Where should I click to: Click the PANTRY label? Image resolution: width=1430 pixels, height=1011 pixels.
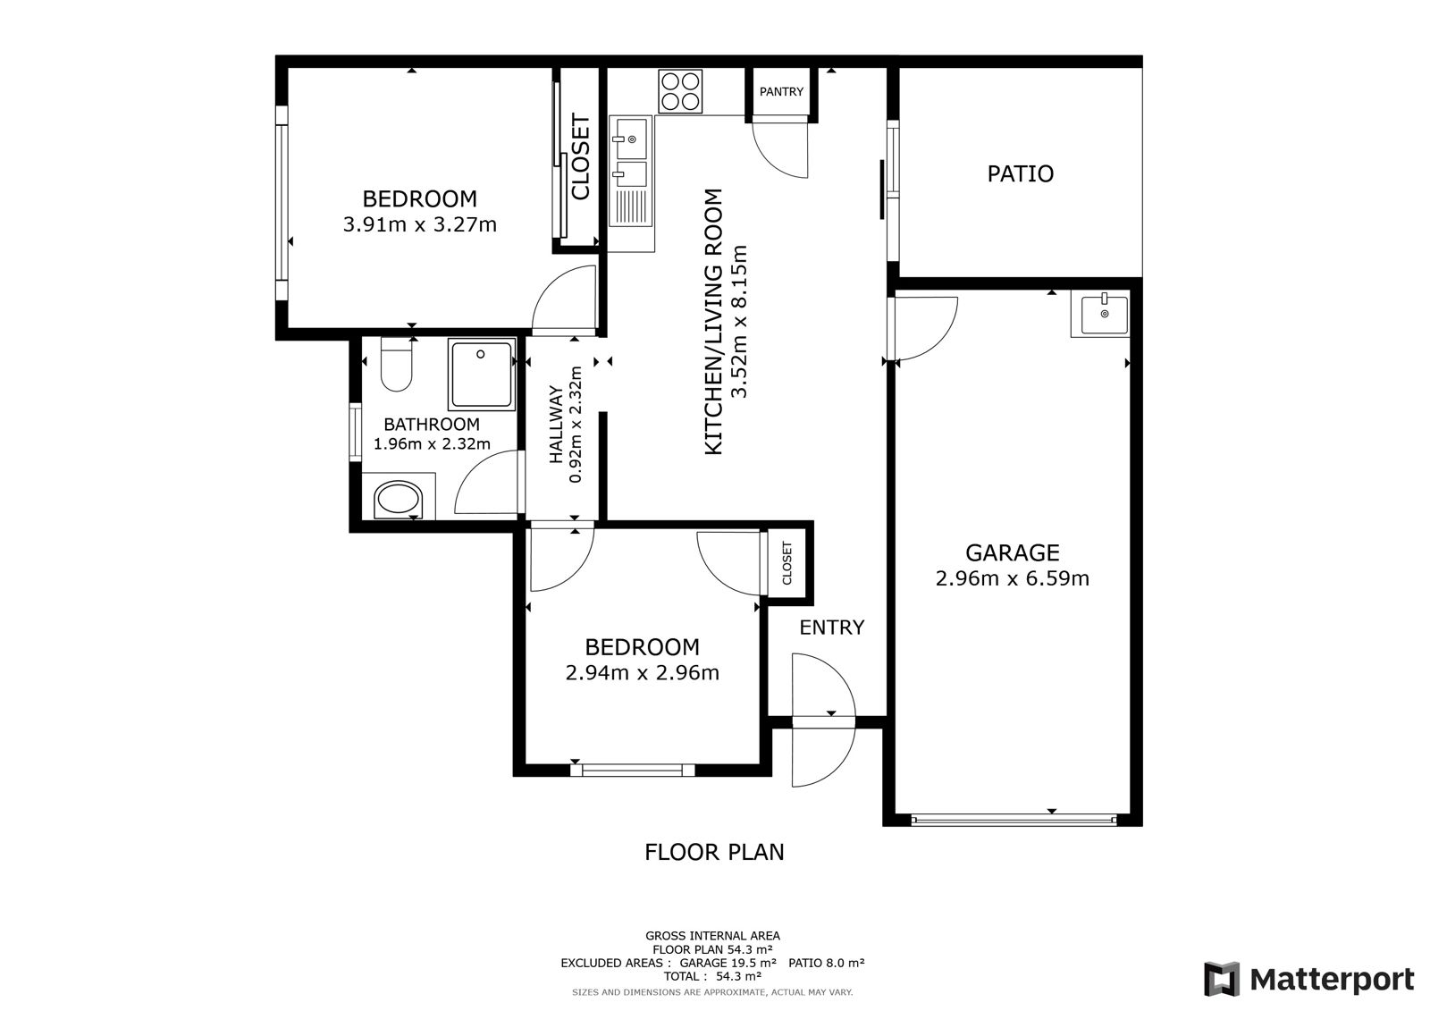click(781, 92)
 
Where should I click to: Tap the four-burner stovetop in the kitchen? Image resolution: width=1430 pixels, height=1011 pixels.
click(680, 91)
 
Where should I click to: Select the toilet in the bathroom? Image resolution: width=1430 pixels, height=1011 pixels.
click(396, 364)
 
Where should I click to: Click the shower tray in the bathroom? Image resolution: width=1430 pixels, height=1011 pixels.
click(482, 375)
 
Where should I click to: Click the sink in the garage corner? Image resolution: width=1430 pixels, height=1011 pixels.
click(1100, 314)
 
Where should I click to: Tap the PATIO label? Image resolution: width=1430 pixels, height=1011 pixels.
click(1020, 173)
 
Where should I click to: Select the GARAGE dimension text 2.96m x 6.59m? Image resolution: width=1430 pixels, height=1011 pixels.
click(1013, 578)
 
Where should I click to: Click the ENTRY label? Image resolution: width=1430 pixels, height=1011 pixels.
click(832, 628)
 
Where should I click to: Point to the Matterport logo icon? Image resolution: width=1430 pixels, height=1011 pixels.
click(1222, 979)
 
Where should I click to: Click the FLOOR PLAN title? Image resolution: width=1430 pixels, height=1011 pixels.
click(714, 852)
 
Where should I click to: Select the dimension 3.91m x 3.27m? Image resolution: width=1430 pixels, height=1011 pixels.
click(419, 224)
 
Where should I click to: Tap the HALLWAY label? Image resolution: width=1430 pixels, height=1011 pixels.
click(556, 425)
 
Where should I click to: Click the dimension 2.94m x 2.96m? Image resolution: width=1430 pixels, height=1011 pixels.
click(643, 672)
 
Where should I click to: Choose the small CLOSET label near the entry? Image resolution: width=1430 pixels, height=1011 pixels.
click(786, 563)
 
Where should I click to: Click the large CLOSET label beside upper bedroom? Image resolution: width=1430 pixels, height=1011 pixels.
click(580, 156)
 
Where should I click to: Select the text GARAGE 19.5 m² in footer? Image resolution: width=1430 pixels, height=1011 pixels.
click(728, 963)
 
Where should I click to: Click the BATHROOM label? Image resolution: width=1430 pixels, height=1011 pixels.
click(432, 424)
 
